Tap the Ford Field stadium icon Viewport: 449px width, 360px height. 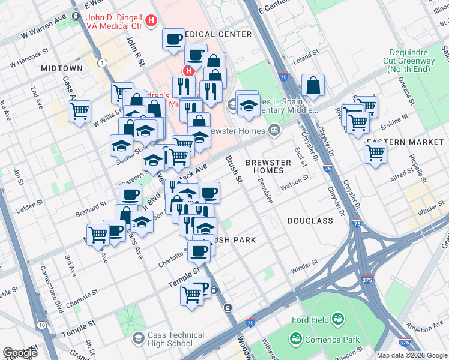[338, 318]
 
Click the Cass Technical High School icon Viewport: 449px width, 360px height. [139, 339]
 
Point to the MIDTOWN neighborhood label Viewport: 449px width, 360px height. [61, 69]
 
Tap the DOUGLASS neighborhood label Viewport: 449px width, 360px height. [310, 221]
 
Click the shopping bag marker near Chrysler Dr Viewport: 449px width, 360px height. [313, 86]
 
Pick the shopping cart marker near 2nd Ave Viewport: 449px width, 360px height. [79, 112]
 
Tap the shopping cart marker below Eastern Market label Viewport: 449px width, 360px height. [375, 152]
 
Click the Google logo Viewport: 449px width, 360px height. [20, 353]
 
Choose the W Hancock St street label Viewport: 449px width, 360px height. [29, 61]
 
